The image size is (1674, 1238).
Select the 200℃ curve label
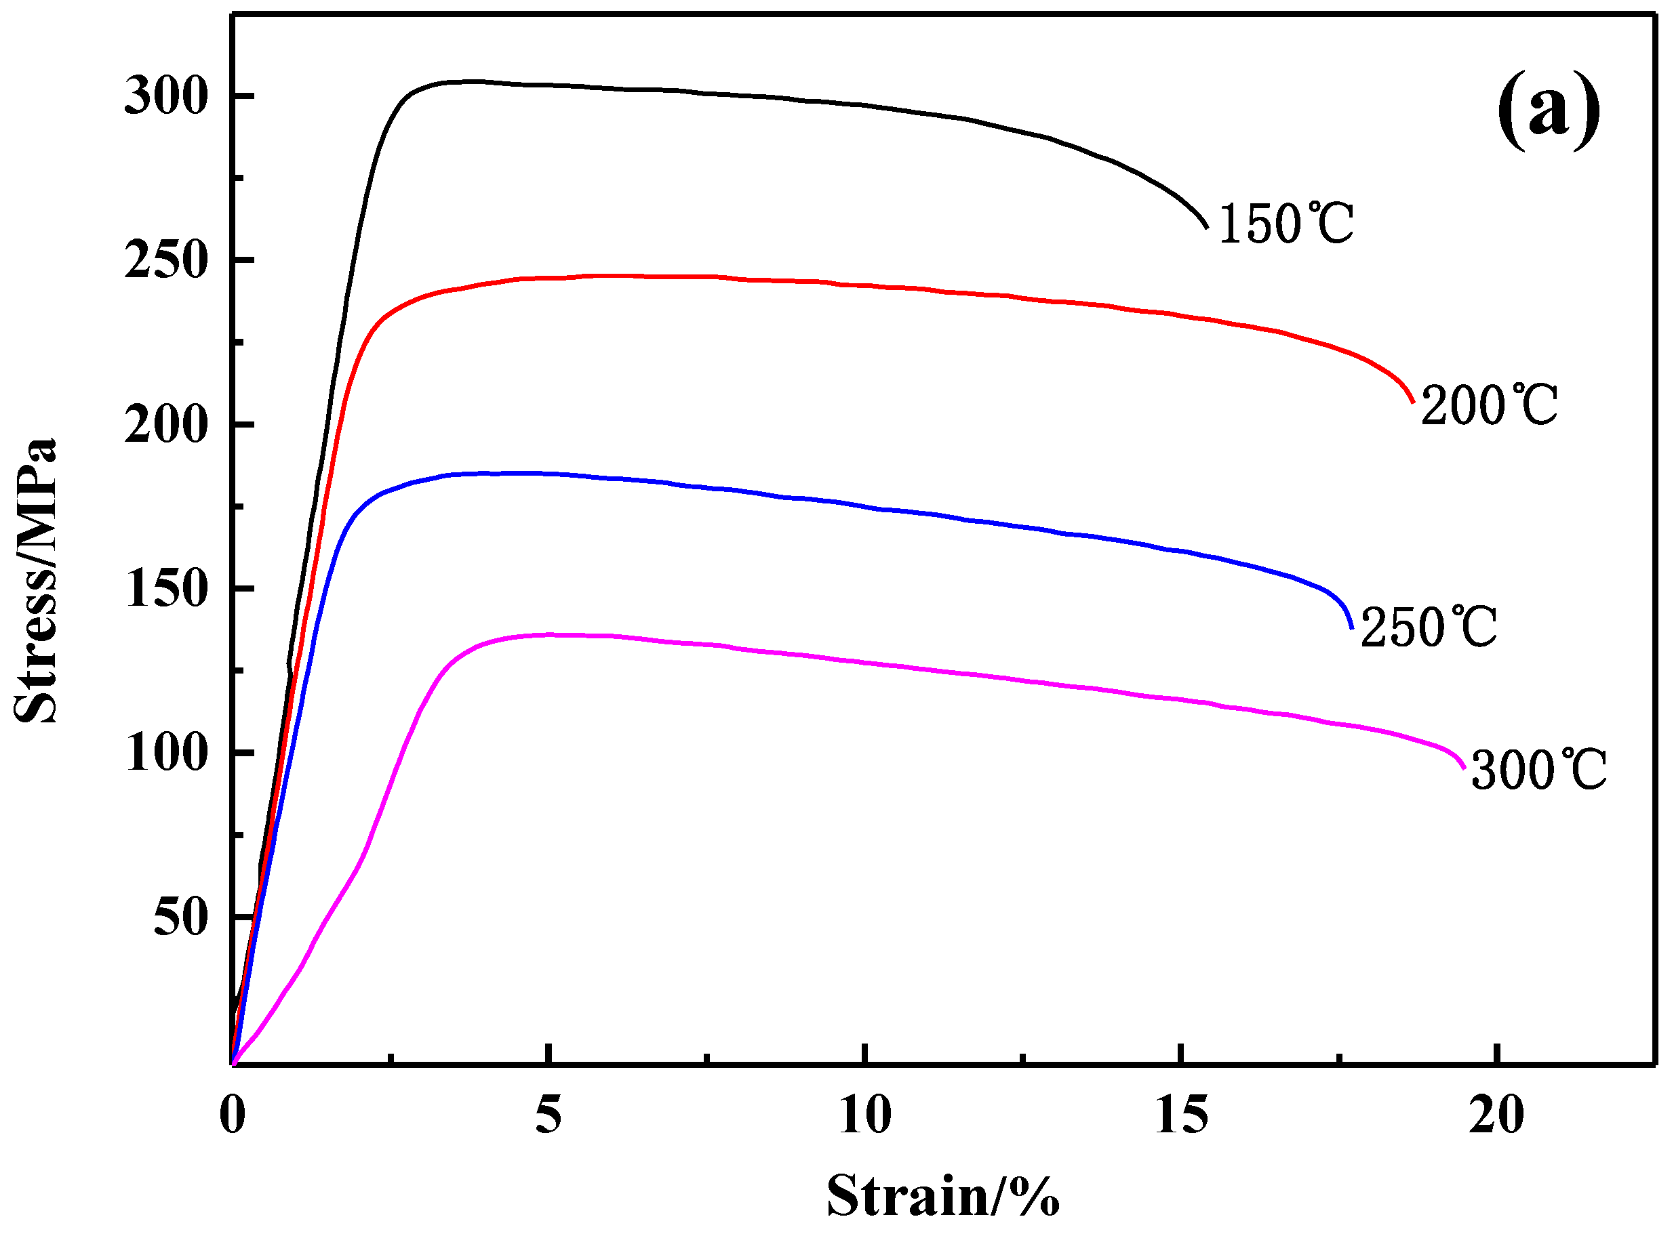(x=1489, y=405)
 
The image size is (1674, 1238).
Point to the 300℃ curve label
(x=1538, y=770)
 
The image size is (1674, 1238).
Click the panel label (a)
(x=1548, y=113)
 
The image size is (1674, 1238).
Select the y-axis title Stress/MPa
(x=36, y=581)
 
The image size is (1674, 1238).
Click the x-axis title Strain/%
(x=942, y=1196)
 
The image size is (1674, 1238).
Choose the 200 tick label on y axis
(x=165, y=425)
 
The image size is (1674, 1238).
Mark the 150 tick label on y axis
(x=165, y=589)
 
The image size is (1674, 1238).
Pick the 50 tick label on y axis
(x=180, y=917)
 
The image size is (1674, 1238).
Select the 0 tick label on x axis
(x=233, y=1115)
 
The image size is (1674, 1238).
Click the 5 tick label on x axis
(x=548, y=1115)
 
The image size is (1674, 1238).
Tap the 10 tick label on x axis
(x=864, y=1115)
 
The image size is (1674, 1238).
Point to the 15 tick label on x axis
(x=1180, y=1115)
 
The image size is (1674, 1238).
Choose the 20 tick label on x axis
(x=1496, y=1115)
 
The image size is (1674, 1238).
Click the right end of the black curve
(x=1207, y=226)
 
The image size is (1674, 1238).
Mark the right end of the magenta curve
(x=1464, y=768)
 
